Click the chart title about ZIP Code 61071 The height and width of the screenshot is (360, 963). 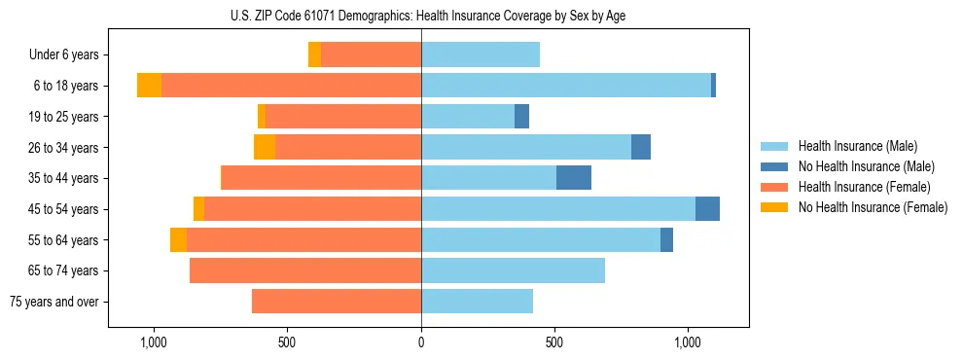tap(420, 16)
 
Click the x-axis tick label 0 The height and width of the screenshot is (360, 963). tap(421, 342)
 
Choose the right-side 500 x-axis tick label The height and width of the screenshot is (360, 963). tap(554, 342)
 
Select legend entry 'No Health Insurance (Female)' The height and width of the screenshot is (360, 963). tap(873, 207)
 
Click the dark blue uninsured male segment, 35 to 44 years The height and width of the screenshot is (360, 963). tap(574, 178)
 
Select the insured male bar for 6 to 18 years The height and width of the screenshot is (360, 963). tap(566, 86)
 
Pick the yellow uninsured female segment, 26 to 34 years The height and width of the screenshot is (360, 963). tap(265, 147)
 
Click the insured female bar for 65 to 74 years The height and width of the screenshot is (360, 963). tap(305, 270)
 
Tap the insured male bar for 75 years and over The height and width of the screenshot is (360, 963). tap(477, 302)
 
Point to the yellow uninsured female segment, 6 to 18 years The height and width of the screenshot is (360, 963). tap(149, 86)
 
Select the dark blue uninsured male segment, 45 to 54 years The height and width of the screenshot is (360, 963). tap(707, 209)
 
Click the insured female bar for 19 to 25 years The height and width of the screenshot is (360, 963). tap(343, 117)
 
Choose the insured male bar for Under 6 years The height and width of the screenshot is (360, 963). tap(481, 55)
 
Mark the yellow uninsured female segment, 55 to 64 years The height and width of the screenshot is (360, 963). tap(178, 239)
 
